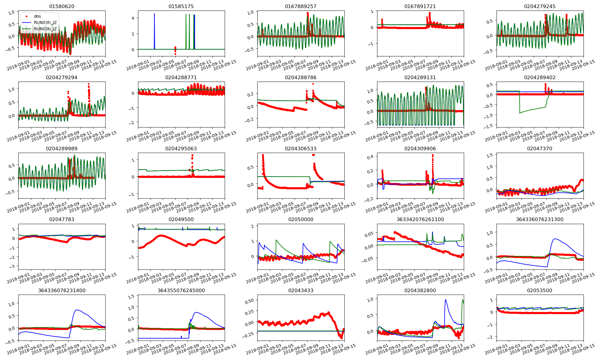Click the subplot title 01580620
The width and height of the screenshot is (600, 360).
click(62, 6)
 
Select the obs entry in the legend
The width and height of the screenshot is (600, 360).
click(37, 16)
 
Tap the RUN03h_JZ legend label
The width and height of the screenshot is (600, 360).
click(45, 22)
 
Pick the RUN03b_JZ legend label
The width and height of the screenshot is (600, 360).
click(45, 29)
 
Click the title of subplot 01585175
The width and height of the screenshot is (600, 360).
click(181, 6)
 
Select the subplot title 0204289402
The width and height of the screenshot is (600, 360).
click(540, 77)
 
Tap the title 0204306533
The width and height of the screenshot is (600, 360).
click(301, 148)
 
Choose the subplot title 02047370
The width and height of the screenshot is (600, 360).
click(540, 148)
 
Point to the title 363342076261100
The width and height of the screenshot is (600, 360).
click(420, 219)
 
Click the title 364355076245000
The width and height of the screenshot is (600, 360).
click(181, 290)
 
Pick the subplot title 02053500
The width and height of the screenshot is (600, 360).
click(540, 290)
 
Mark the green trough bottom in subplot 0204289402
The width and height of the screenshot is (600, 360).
click(520, 113)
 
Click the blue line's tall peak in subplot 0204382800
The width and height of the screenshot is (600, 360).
click(445, 299)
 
